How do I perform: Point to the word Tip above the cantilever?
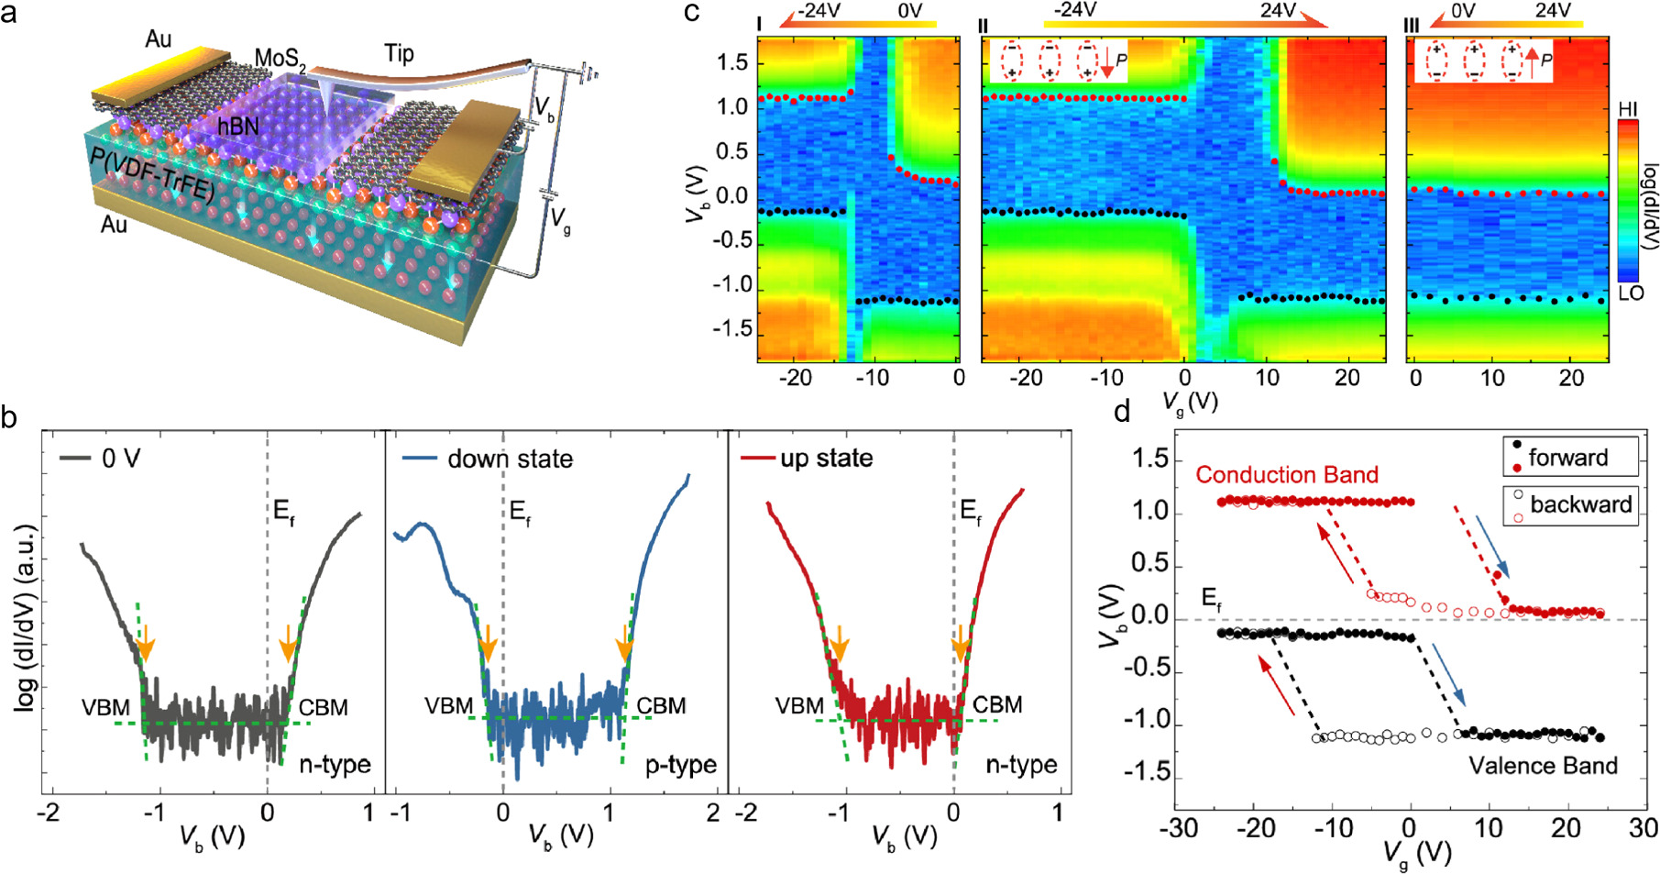399,53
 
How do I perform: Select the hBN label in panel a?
237,125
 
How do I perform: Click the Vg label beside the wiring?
559,219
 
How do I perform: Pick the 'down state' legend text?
510,459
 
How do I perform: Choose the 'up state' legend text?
826,458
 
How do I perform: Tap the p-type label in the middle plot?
680,765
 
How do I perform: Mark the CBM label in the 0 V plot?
324,707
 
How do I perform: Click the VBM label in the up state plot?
800,706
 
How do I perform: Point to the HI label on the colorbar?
1628,110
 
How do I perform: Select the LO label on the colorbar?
1631,293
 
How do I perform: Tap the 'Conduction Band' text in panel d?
1287,475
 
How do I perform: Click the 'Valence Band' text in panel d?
1543,766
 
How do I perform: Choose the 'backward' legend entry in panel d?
1580,504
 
